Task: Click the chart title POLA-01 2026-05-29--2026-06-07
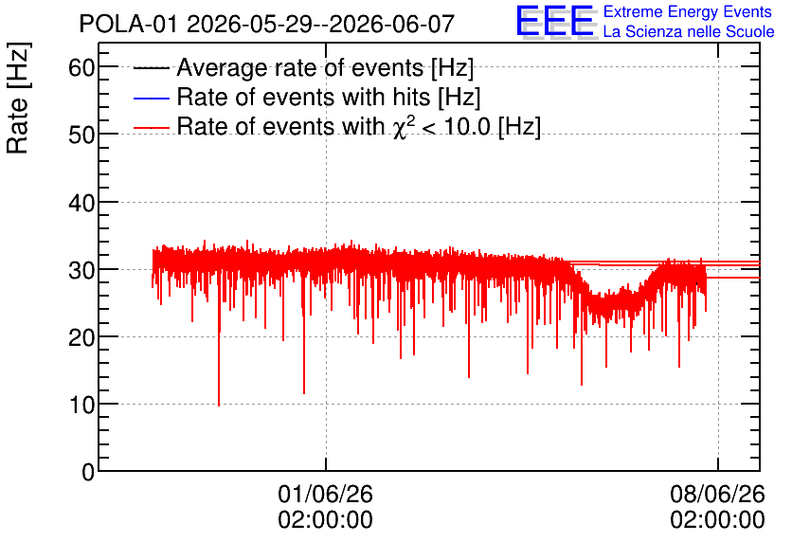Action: pyautogui.click(x=267, y=24)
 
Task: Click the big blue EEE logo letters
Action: pyautogui.click(x=555, y=21)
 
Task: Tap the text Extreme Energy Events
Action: pyautogui.click(x=688, y=11)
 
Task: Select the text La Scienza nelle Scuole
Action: pyautogui.click(x=689, y=31)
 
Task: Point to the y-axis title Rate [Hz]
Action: pyautogui.click(x=18, y=98)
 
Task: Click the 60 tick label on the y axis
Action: pyautogui.click(x=81, y=67)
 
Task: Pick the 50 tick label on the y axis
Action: pyautogui.click(x=81, y=135)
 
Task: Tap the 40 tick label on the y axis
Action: pyautogui.click(x=81, y=203)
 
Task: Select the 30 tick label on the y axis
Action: pyautogui.click(x=81, y=270)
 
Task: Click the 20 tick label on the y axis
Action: pyautogui.click(x=81, y=337)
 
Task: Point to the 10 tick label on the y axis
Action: pyautogui.click(x=81, y=406)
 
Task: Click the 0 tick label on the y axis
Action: pyautogui.click(x=88, y=473)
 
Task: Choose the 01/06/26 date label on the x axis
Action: pyautogui.click(x=325, y=494)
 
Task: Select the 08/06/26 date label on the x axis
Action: pyautogui.click(x=718, y=494)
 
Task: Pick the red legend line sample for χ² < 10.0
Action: pyautogui.click(x=152, y=128)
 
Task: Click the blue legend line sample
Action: pyautogui.click(x=152, y=98)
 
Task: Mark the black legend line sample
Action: pyautogui.click(x=152, y=68)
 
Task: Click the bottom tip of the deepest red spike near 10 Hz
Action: pyautogui.click(x=219, y=406)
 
